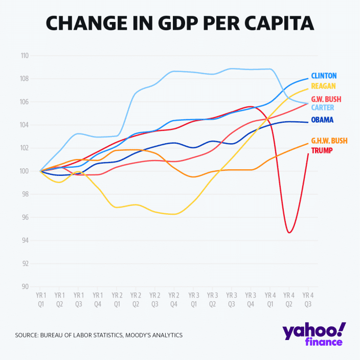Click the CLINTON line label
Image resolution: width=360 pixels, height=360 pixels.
click(x=324, y=76)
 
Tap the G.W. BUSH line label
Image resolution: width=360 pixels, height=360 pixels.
click(x=325, y=99)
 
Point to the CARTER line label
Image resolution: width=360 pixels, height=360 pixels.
click(x=323, y=108)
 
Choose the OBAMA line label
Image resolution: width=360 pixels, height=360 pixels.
click(x=322, y=120)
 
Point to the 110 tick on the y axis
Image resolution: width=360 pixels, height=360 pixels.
click(x=24, y=56)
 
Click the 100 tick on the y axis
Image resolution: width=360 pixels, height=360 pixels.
click(x=24, y=171)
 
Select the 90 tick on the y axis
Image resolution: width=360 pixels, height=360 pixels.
click(x=25, y=287)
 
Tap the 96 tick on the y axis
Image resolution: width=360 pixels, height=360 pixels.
click(x=25, y=217)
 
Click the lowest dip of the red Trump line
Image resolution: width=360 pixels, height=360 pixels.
click(x=289, y=233)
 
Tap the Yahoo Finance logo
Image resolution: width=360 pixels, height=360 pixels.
click(x=313, y=334)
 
